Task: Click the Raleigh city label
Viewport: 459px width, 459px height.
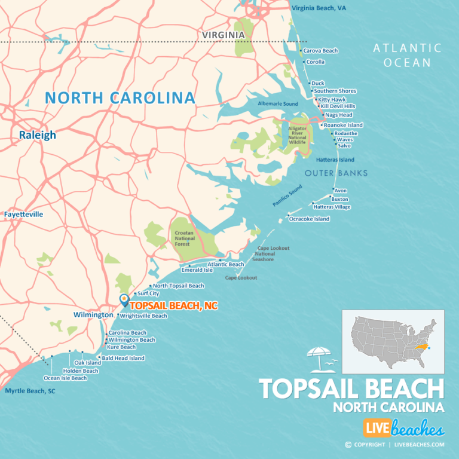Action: click(37, 135)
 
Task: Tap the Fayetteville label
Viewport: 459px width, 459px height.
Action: click(23, 214)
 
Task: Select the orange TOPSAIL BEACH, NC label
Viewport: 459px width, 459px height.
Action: click(173, 306)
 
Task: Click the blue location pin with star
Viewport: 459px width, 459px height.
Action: click(124, 300)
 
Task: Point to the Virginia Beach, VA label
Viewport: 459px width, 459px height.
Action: click(319, 8)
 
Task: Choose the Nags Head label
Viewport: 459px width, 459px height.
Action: click(338, 115)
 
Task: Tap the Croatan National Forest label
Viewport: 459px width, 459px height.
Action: click(185, 241)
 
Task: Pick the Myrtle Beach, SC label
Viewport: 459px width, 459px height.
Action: click(30, 391)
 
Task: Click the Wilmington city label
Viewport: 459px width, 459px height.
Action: click(93, 315)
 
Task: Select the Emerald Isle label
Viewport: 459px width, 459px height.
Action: click(197, 270)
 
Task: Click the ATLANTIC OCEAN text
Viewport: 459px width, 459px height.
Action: click(407, 55)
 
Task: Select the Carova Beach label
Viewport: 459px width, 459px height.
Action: click(320, 51)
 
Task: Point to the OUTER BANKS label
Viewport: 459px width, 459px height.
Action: click(336, 173)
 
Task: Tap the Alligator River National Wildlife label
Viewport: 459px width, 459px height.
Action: click(297, 135)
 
